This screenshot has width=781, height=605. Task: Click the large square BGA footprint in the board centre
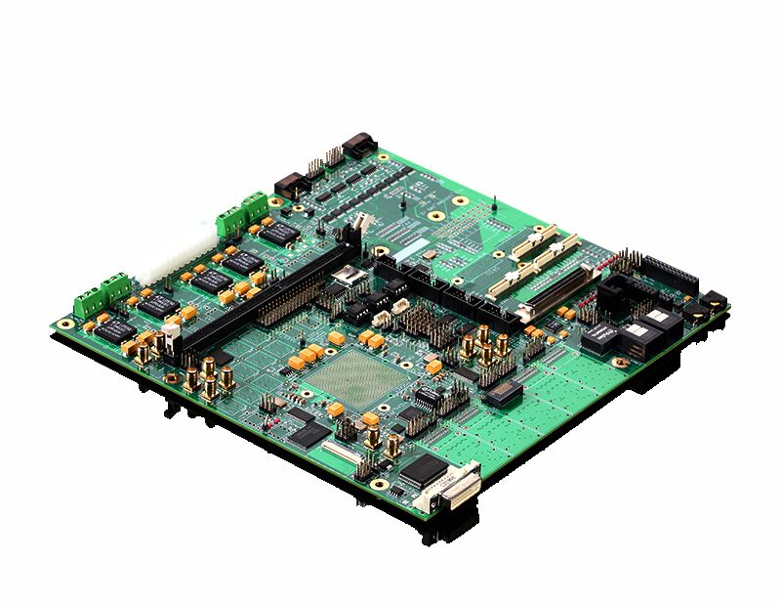point(355,377)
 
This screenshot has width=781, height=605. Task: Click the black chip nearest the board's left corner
point(113,328)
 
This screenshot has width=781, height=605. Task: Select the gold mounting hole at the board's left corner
point(65,324)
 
